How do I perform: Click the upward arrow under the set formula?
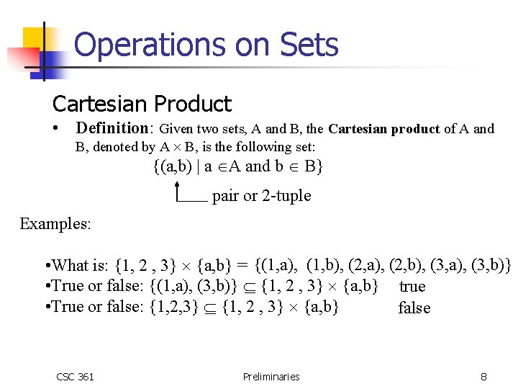176,190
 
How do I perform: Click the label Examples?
55,223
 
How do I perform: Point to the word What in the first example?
71,265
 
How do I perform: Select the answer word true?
412,287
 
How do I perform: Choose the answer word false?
414,308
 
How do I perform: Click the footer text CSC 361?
75,376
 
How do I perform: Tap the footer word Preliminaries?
271,376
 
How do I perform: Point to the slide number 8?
484,376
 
